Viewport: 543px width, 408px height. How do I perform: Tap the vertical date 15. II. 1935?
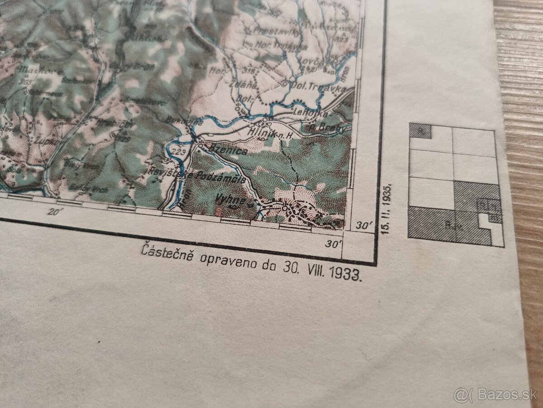point(386,208)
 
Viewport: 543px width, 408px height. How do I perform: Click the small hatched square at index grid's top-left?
point(420,131)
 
